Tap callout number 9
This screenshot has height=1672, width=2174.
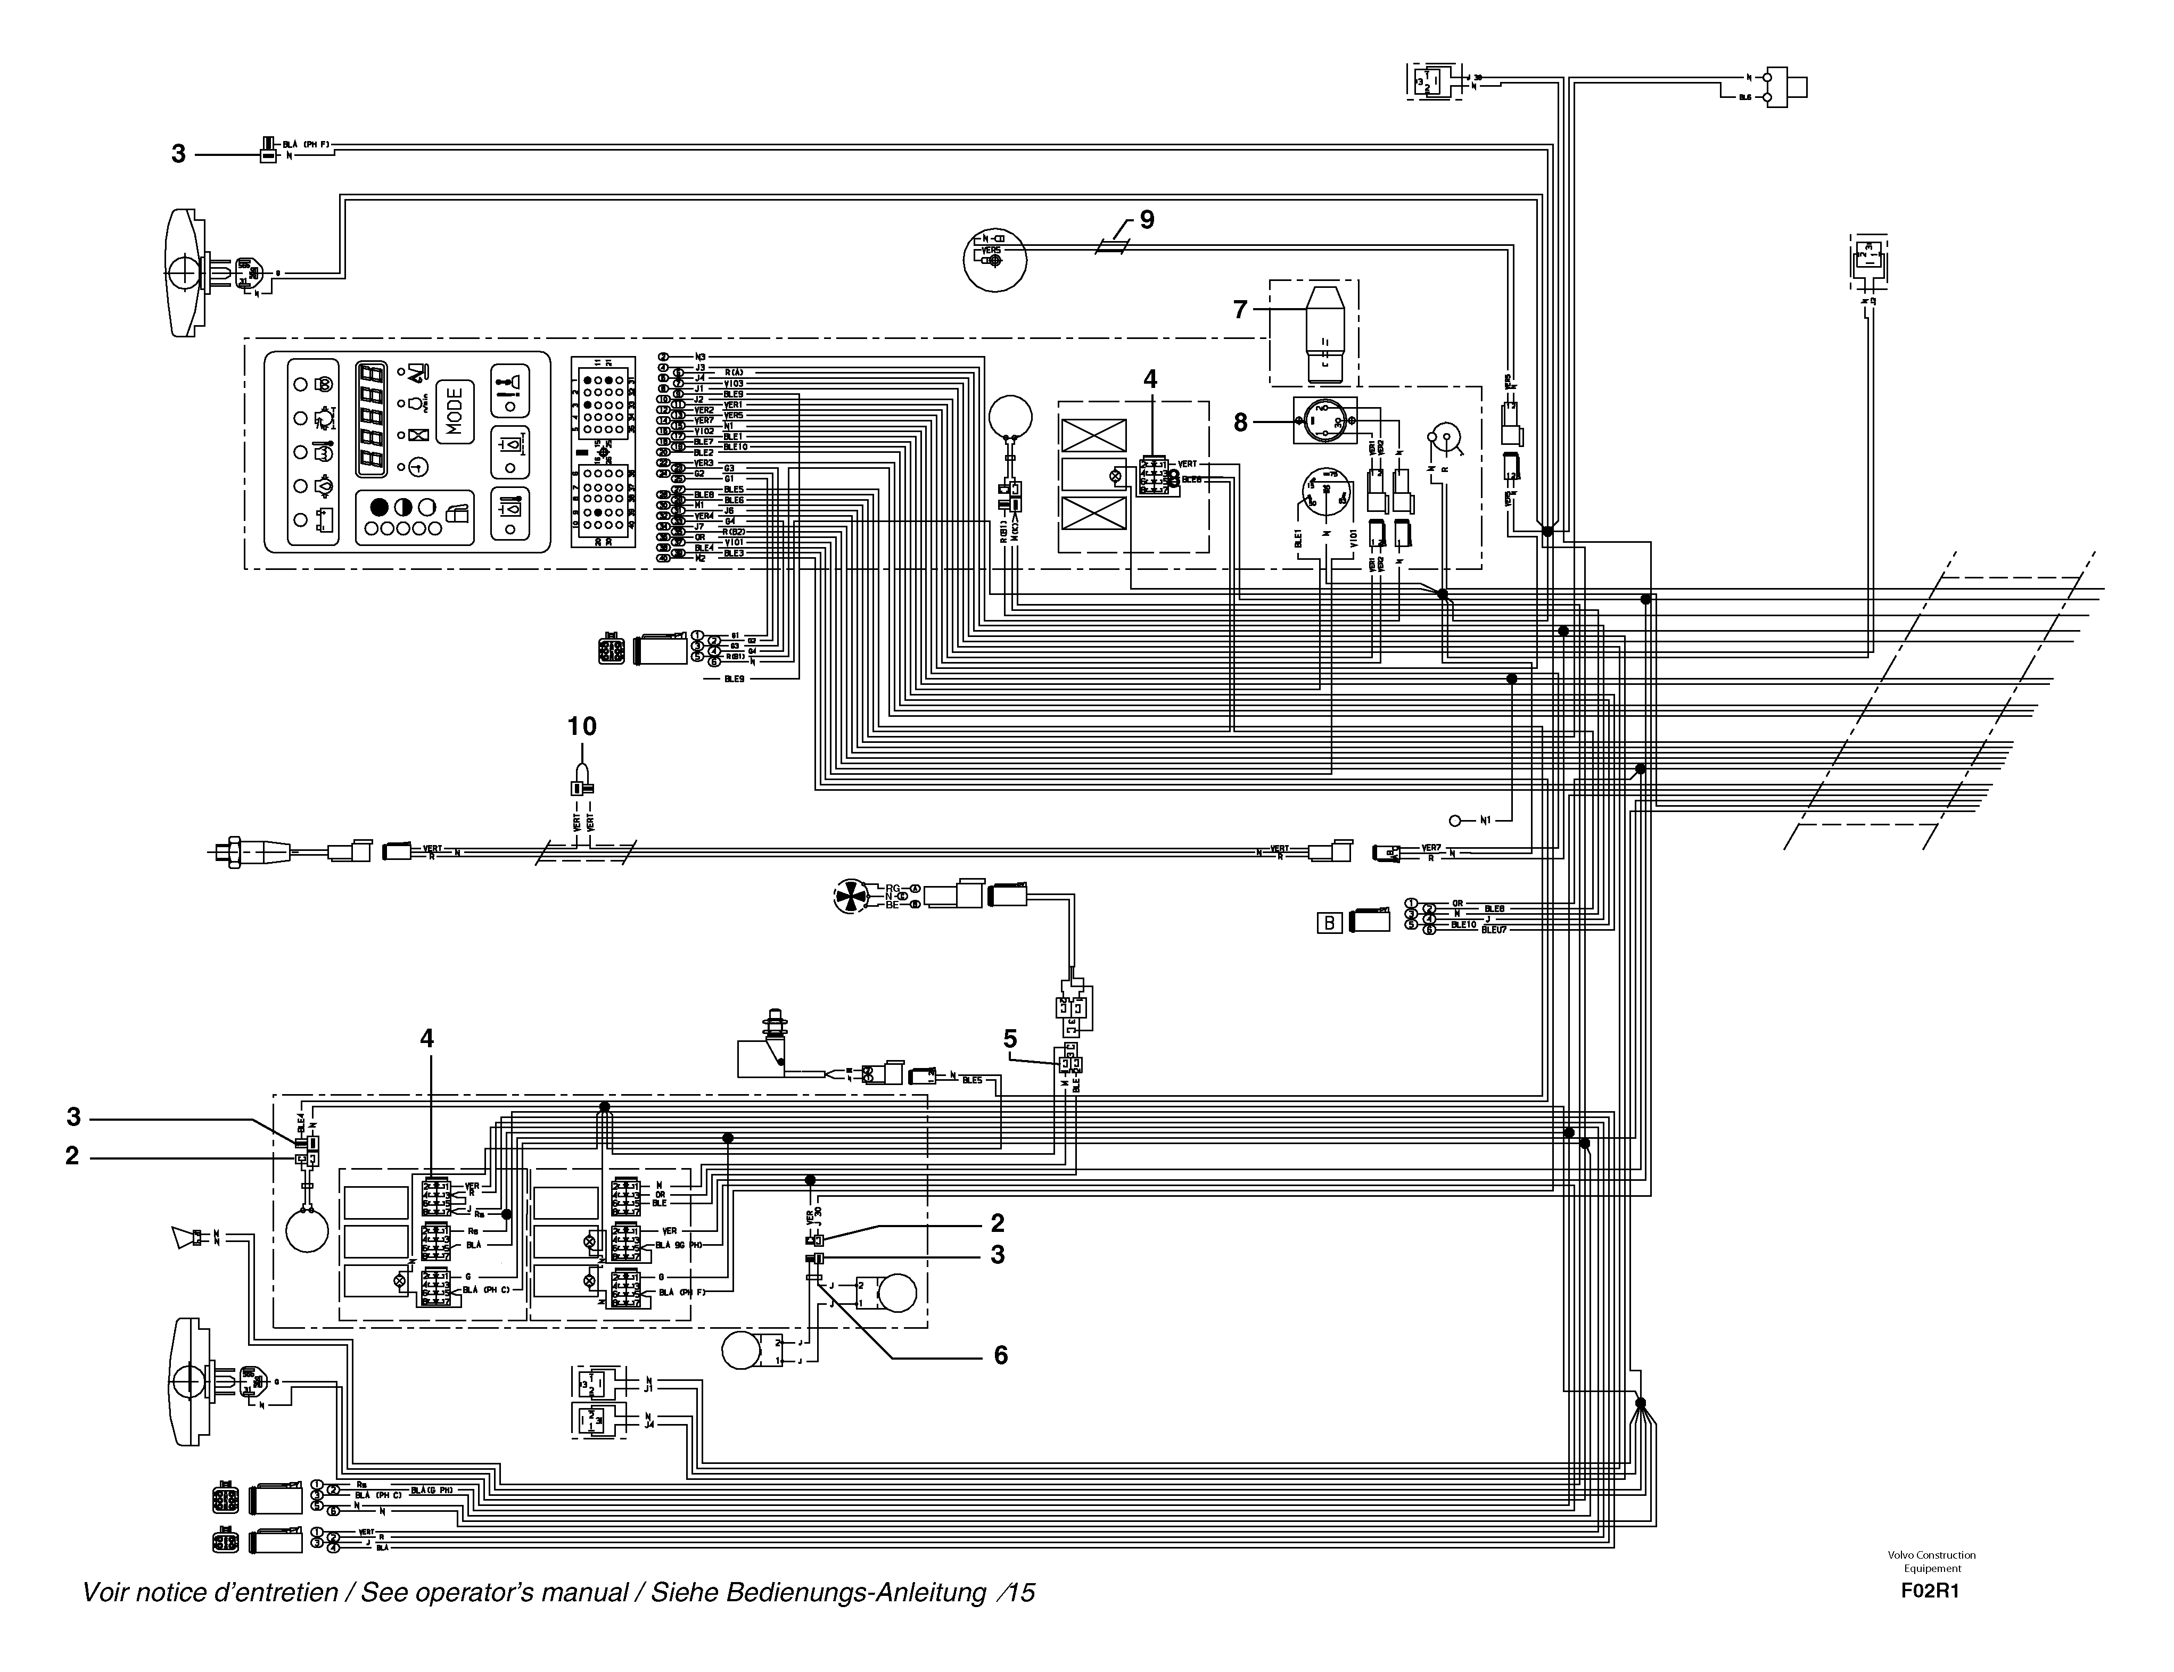(x=1147, y=220)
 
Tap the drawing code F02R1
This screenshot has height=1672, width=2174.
(x=1930, y=1591)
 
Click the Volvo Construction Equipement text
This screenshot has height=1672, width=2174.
(x=1931, y=1561)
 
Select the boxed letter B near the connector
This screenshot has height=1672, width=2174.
(x=1330, y=923)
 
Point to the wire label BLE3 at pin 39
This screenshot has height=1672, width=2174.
(x=734, y=553)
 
